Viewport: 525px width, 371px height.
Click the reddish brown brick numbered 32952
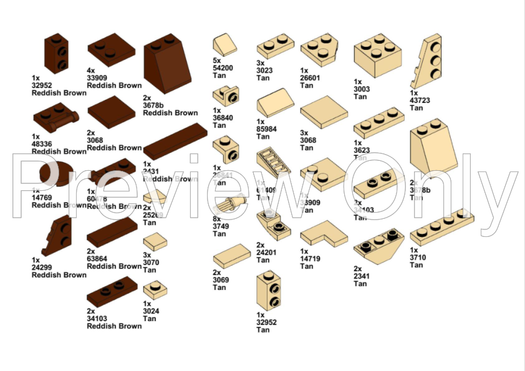55,54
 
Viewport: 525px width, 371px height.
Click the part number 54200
223,68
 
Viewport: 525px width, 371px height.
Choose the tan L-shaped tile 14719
324,233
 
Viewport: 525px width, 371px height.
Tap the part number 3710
417,258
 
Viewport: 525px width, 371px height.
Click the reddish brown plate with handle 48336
56,117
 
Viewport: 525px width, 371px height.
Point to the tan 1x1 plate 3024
155,289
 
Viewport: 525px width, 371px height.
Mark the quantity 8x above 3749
216,219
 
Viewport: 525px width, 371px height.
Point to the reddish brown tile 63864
112,232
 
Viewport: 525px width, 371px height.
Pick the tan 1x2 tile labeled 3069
231,256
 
